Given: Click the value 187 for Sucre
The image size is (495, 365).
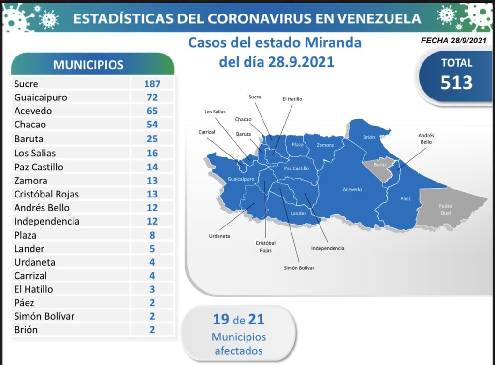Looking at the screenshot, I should [x=152, y=84].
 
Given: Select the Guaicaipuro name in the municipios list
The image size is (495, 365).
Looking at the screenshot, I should [x=41, y=97].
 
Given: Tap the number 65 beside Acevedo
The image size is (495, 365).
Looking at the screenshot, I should [x=152, y=111].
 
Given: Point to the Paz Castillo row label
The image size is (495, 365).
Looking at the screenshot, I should [x=39, y=167].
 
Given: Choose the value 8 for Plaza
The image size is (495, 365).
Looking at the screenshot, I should [x=152, y=235].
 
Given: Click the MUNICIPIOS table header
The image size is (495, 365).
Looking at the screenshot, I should [x=88, y=65].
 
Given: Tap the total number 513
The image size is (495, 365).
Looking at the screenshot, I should [x=456, y=83].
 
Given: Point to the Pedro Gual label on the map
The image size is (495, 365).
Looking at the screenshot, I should [x=445, y=209].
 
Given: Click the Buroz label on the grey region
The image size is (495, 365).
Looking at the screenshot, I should [x=380, y=165].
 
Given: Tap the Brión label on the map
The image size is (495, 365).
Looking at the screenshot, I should [x=369, y=137].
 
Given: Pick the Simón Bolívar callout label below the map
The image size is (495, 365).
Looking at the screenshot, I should [x=299, y=267].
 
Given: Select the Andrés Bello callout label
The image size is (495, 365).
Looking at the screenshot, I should [x=426, y=139].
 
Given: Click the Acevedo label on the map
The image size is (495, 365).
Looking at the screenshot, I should [x=352, y=189].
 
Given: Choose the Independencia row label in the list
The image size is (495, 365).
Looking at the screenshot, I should [x=46, y=221].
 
